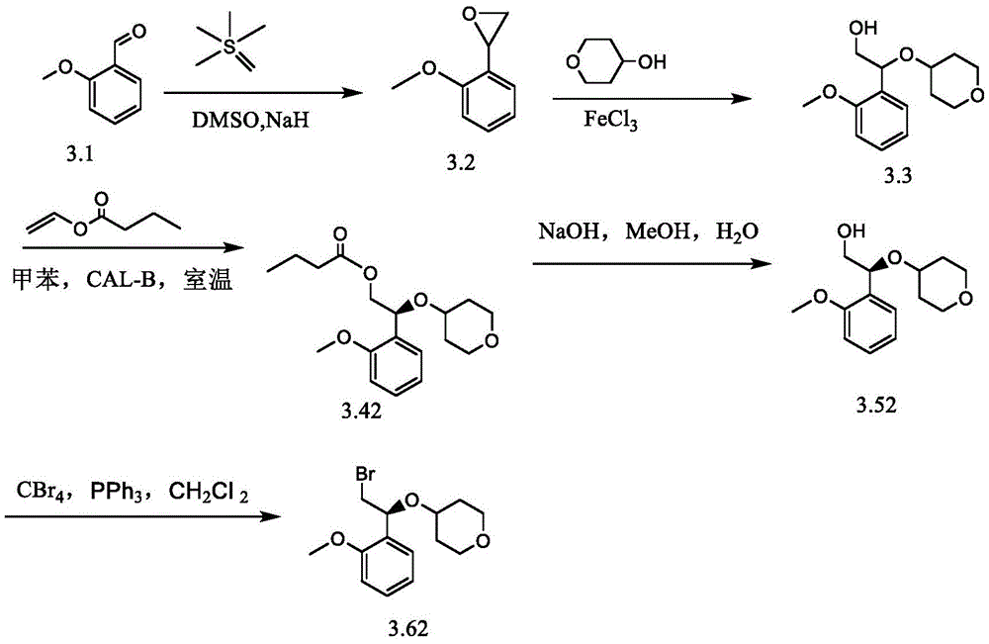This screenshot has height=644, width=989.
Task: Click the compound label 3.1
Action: coord(80,153)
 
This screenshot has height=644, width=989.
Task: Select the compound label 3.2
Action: coord(461,163)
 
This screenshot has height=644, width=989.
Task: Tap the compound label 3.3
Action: coord(898,175)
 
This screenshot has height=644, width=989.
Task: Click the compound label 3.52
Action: coord(876,405)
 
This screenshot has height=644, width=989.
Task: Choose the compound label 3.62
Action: coord(408,628)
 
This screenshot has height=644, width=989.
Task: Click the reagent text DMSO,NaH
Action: coord(251,120)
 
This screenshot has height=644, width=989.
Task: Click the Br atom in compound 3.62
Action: coord(365,474)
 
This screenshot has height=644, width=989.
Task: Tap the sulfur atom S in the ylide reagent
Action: coord(230,46)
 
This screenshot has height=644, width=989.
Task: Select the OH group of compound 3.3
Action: coord(863,27)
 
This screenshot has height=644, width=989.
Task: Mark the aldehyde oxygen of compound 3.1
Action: coord(139,31)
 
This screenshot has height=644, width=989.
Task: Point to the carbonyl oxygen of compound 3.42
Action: coord(340,235)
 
